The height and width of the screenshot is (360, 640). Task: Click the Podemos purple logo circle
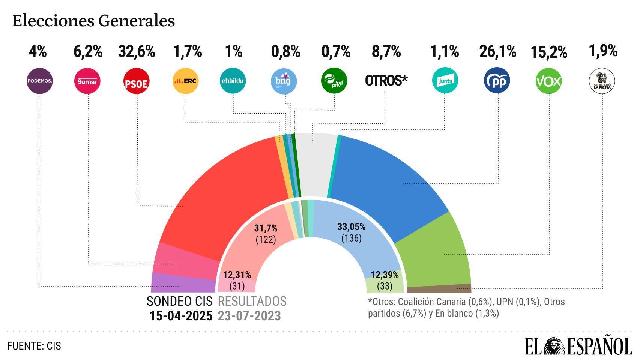click(39, 81)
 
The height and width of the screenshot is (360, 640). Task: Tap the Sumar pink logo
click(87, 81)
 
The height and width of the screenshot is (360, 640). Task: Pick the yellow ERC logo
click(185, 81)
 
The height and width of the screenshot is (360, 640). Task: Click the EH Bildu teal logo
click(233, 80)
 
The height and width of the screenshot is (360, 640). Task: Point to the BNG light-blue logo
click(284, 81)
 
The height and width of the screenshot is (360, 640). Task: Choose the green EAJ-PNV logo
click(334, 81)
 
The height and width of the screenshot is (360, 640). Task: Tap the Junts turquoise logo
click(445, 80)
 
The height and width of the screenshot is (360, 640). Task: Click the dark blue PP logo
click(497, 80)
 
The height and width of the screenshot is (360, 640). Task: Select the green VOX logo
click(548, 81)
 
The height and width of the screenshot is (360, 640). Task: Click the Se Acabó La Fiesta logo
click(602, 81)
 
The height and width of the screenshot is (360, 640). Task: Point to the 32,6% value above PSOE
click(137, 52)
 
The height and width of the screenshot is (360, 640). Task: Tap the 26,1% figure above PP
click(497, 52)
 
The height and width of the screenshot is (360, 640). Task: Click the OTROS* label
click(386, 81)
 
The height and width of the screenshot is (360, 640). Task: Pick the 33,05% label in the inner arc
click(351, 227)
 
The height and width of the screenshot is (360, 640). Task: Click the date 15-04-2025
click(181, 316)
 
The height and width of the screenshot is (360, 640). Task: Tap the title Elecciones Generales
click(93, 21)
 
